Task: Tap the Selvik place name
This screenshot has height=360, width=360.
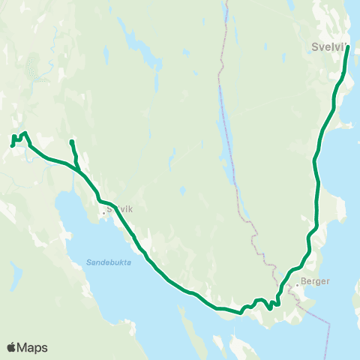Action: point(120,210)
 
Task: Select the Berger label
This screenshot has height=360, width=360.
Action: point(314,282)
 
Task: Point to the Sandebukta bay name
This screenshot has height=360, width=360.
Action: point(103,262)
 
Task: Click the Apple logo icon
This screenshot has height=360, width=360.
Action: point(11,347)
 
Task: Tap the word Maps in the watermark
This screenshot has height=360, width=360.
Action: point(33,347)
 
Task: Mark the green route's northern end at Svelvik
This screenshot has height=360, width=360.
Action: point(347,47)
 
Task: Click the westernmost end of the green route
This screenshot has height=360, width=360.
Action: point(12,145)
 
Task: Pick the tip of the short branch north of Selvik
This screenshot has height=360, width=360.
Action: point(71,141)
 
